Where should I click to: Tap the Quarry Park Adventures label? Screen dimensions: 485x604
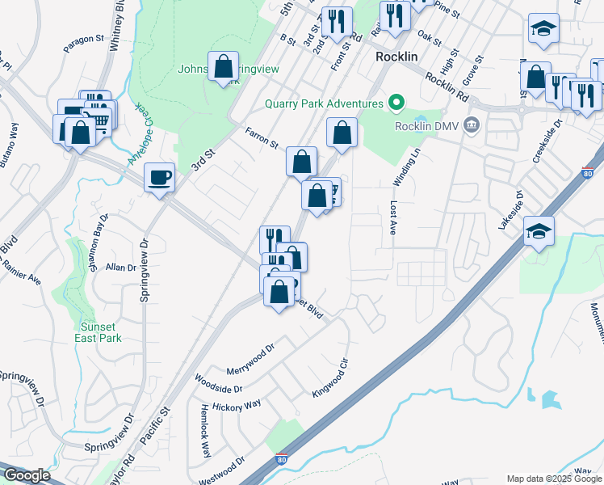pyautogui.click(x=323, y=103)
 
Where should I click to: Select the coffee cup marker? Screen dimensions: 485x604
pyautogui.click(x=160, y=177)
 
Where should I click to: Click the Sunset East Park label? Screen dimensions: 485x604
pyautogui.click(x=100, y=332)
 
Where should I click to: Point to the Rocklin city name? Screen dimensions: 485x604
pyautogui.click(x=396, y=57)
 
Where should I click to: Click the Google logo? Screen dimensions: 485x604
pyautogui.click(x=27, y=475)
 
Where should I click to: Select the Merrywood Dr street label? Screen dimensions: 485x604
pyautogui.click(x=251, y=354)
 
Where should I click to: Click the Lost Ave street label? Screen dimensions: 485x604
pyautogui.click(x=394, y=217)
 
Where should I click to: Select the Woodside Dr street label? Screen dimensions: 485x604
pyautogui.click(x=218, y=384)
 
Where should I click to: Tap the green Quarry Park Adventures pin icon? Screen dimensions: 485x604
pyautogui.click(x=395, y=103)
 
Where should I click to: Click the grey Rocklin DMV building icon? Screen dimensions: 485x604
pyautogui.click(x=472, y=125)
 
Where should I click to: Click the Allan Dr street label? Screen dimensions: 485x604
pyautogui.click(x=120, y=268)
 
